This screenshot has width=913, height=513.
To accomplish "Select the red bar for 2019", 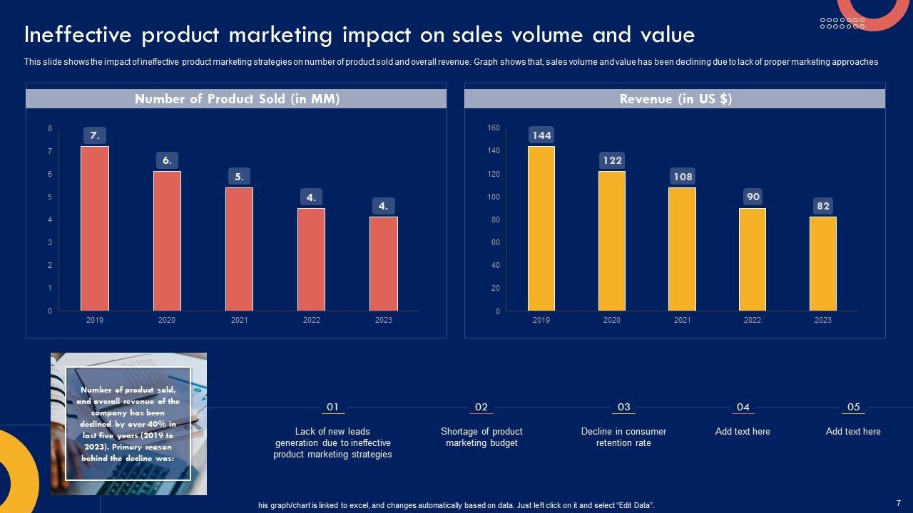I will point(95,228).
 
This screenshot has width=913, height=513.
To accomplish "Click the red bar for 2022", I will point(311,259).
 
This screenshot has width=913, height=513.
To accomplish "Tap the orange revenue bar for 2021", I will point(682,249).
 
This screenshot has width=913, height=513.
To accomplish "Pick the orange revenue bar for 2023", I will point(822,264).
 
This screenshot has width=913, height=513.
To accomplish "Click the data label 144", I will point(541,135).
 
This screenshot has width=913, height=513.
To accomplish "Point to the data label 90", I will point(753,197).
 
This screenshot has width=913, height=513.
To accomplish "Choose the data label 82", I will point(823,206).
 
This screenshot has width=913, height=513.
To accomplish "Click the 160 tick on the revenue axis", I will point(494,128).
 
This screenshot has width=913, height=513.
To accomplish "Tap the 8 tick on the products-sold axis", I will point(50,128).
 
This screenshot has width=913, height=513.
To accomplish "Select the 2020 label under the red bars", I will point(167,320).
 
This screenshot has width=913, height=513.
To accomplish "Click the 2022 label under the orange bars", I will point(753,320).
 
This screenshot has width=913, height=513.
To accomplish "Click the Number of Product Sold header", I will point(237,99).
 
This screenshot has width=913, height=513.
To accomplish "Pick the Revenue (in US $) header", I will point(675,99).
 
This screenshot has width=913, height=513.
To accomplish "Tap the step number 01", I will point(332,407).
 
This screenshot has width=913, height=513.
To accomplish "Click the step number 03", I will point(623,407).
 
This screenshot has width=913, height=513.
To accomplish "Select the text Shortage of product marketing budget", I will point(481,437).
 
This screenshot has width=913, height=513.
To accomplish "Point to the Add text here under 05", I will point(853,431).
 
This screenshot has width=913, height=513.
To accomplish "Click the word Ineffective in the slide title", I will point(78,35).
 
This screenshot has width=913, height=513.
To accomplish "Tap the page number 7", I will point(899,502).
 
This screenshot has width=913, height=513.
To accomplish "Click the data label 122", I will point(612,160).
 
